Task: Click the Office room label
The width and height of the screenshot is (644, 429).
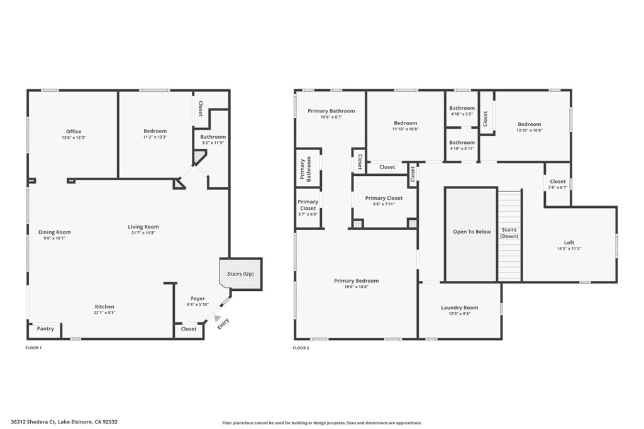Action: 74,131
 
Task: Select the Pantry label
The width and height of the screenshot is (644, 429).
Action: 45,329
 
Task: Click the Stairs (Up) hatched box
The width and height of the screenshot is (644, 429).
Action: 240,274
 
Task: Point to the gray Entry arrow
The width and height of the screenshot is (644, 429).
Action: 217,319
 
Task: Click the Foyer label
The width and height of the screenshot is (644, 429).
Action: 197,298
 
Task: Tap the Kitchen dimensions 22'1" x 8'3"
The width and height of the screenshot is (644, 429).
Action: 104,313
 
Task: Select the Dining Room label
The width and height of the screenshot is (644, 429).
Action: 54,232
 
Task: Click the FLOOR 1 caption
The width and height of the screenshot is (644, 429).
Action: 33,347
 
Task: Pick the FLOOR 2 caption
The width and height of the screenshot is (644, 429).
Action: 301,347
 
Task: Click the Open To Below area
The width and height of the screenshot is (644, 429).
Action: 472,232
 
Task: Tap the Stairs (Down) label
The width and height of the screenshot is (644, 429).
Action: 509,233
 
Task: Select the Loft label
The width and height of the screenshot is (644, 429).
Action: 569,242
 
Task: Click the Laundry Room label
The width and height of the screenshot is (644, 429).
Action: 459,308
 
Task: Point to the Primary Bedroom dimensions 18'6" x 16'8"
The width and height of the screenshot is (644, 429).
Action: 356,288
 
